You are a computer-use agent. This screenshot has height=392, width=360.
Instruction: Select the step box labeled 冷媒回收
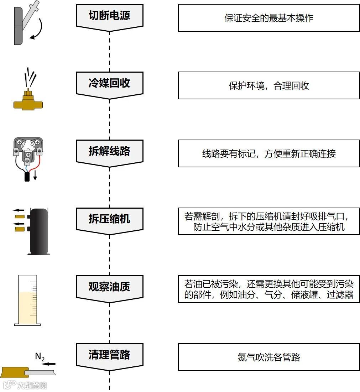coord(109,84)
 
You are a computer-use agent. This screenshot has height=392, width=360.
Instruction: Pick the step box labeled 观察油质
coord(109,287)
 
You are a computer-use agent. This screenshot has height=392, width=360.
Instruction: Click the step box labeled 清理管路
coord(109,355)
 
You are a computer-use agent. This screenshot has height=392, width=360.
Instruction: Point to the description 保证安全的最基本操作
coord(269,18)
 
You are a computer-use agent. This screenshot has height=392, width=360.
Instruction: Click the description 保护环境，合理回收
coord(269,86)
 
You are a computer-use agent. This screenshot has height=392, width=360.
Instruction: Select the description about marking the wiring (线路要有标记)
coord(269,153)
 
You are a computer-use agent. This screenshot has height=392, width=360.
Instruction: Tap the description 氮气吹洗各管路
coord(269,357)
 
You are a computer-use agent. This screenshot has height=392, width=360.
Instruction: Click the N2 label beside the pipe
coord(40,356)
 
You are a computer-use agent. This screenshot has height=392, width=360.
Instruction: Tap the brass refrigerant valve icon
coord(27,101)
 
